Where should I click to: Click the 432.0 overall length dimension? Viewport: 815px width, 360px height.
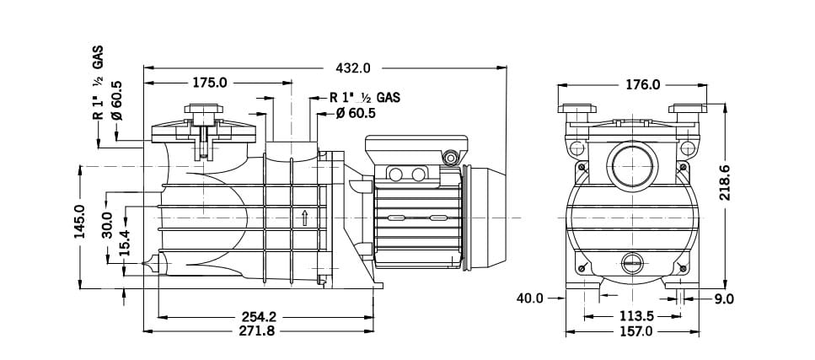click(353, 67)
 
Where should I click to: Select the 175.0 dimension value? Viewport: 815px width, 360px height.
click(210, 83)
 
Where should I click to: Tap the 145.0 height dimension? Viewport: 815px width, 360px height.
click(81, 222)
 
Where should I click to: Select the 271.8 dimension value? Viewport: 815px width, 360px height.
click(258, 331)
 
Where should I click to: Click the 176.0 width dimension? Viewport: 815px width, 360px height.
click(643, 84)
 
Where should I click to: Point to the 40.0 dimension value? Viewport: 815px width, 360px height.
click(529, 298)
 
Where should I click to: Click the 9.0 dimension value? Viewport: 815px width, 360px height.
click(724, 298)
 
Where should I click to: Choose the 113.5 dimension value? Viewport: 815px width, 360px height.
click(636, 316)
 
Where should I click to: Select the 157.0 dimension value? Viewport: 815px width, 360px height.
click(636, 331)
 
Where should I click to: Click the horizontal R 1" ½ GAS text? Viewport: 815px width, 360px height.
click(364, 97)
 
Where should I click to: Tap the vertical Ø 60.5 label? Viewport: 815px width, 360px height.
click(116, 99)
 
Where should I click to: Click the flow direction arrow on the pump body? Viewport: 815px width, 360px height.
click(303, 219)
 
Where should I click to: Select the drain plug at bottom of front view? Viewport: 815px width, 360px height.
click(630, 263)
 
